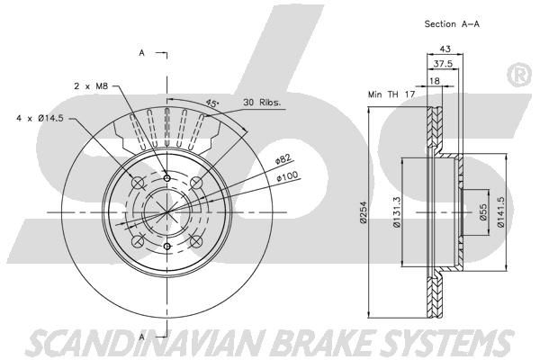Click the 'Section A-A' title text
[452, 23]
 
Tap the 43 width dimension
[445, 49]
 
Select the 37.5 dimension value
[443, 64]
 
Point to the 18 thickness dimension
[435, 81]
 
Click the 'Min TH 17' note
[391, 94]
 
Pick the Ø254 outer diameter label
[363, 212]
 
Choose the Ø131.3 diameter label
[396, 212]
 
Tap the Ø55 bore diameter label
[483, 212]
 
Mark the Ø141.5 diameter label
[500, 212]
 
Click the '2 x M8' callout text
[91, 86]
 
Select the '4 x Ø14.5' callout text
[40, 118]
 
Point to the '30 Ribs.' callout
[262, 103]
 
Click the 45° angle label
[212, 103]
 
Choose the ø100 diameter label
[288, 176]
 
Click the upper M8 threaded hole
[167, 178]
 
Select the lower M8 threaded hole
[167, 246]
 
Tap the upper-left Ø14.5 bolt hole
[138, 183]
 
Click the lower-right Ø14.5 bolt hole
[196, 241]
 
